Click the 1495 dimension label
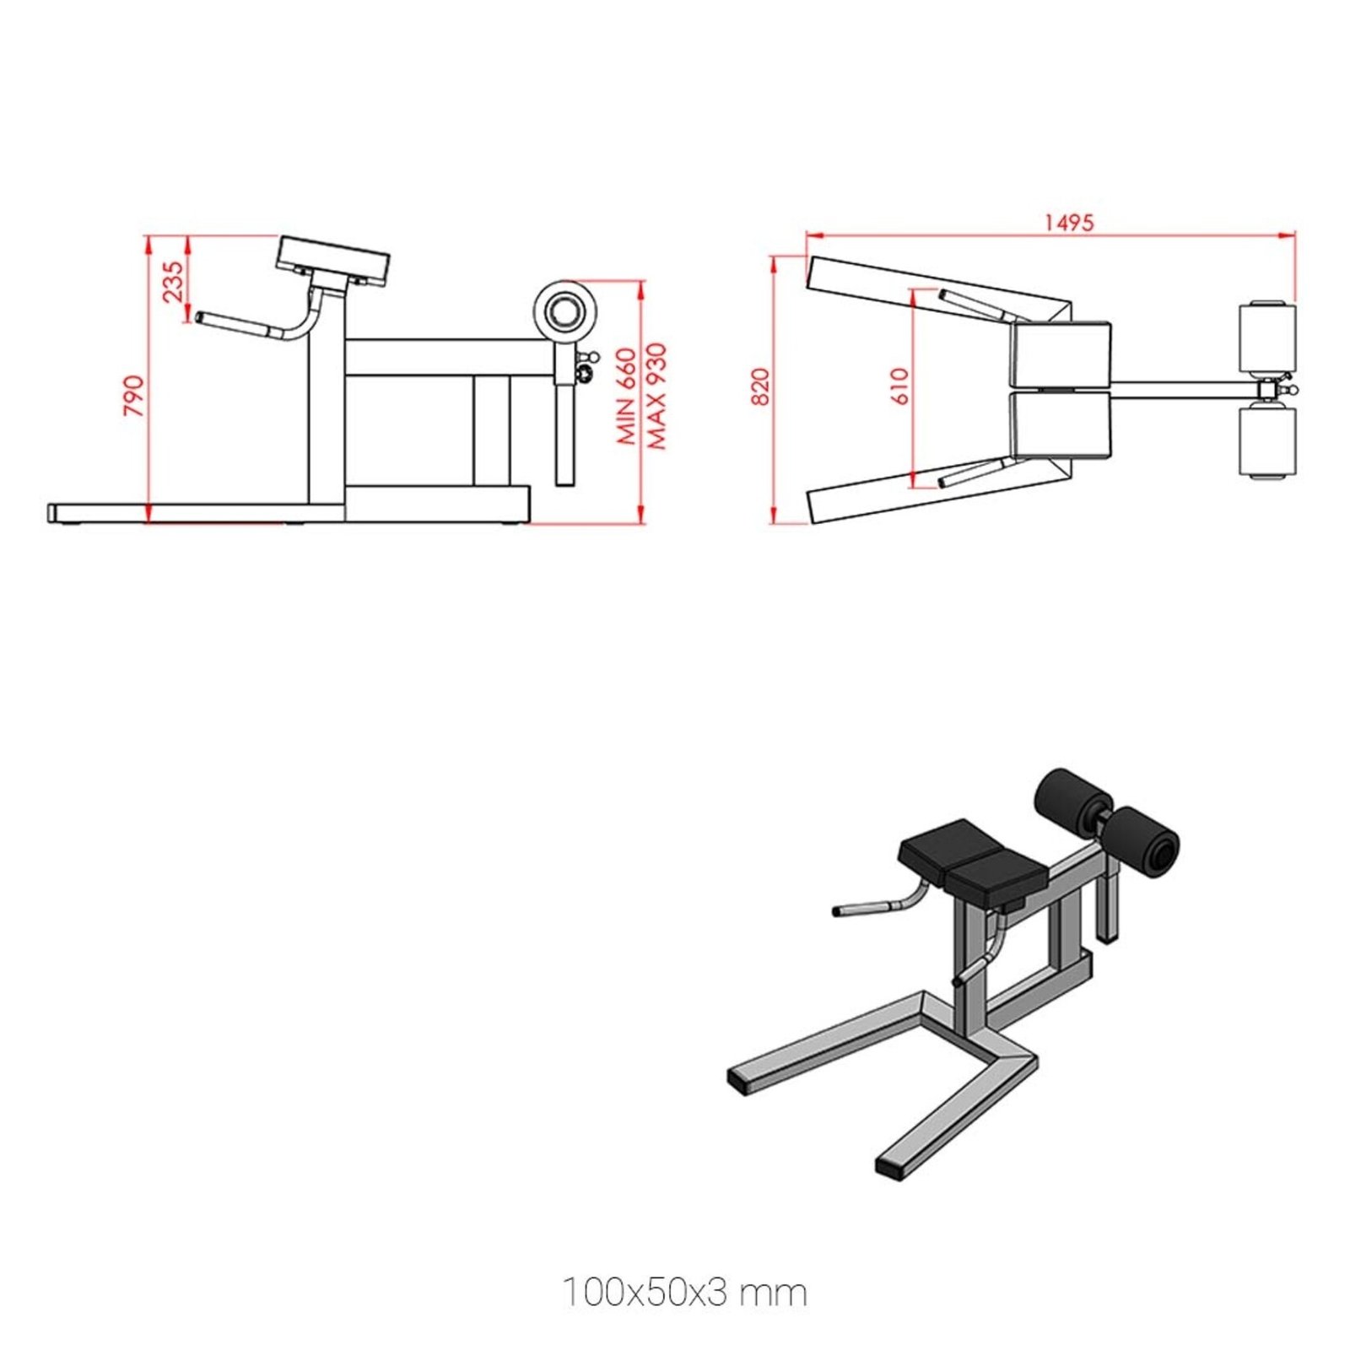1068,223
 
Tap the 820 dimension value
761,386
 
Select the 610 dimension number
900,386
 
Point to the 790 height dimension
134,395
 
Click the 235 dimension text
173,281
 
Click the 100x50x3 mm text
684,1292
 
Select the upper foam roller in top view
1266,337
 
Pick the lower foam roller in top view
1266,441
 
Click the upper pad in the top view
1061,354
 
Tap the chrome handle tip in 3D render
838,912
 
